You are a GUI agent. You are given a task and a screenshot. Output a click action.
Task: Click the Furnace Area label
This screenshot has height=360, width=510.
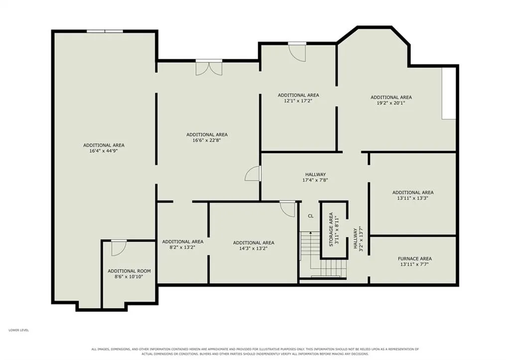pyautogui.click(x=415, y=259)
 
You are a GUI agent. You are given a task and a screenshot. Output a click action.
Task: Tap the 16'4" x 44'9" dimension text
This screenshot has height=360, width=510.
pyautogui.click(x=104, y=151)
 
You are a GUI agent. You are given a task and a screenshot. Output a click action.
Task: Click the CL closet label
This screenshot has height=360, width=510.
pyautogui.click(x=311, y=216)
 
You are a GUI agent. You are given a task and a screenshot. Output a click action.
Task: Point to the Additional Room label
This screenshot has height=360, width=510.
pyautogui.click(x=129, y=271)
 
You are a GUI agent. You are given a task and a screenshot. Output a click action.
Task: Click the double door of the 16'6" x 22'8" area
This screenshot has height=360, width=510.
pyautogui.click(x=209, y=68)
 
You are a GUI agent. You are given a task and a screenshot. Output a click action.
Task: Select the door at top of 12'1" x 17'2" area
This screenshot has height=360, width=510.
pyautogui.click(x=297, y=52)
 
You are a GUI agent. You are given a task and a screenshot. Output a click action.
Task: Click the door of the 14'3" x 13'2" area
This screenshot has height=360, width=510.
pyautogui.click(x=287, y=209)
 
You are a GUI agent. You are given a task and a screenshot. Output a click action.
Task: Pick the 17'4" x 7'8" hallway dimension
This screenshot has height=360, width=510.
pyautogui.click(x=315, y=180)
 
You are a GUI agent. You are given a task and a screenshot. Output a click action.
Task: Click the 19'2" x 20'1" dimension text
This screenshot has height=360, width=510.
pyautogui.click(x=391, y=103)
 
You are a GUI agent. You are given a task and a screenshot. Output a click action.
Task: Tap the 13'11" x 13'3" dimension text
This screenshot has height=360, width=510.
pyautogui.click(x=413, y=198)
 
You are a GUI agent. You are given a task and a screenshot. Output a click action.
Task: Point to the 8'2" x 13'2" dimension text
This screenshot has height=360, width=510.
pyautogui.click(x=182, y=247)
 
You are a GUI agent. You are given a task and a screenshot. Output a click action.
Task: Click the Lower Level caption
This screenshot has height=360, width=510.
pyautogui.click(x=18, y=330)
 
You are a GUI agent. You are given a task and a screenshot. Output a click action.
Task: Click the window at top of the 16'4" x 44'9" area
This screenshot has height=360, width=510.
pyautogui.click(x=105, y=31)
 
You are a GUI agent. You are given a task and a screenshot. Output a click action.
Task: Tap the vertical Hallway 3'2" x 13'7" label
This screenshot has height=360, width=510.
pyautogui.click(x=358, y=239)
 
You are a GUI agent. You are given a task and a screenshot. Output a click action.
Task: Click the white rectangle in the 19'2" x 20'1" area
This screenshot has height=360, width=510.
pyautogui.click(x=449, y=93)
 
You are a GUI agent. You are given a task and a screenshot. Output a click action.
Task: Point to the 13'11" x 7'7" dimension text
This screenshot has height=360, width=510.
pyautogui.click(x=414, y=264)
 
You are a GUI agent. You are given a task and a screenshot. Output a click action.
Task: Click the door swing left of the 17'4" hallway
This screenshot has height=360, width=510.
pyautogui.click(x=253, y=174)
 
